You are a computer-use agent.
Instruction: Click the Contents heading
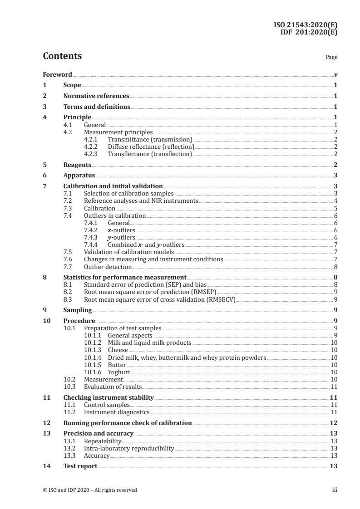pos(62,56)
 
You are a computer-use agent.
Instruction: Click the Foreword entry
pos(57,74)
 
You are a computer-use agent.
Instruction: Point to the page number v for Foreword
pos(335,74)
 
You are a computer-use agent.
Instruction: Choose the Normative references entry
pos(96,96)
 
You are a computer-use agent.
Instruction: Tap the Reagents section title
pos(77,165)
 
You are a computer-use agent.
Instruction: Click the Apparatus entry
pos(79,176)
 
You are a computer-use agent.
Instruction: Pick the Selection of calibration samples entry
pos(128,194)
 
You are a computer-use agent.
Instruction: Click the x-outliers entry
pos(121,230)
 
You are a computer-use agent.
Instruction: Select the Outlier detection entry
pos(108,267)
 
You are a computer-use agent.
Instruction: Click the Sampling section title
pos(78,310)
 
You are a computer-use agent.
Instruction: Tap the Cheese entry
pos(118,350)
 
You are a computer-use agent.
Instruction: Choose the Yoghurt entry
pos(119,372)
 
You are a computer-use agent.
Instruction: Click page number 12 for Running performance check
pos(333,423)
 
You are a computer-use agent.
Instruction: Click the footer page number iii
pos(335,490)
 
